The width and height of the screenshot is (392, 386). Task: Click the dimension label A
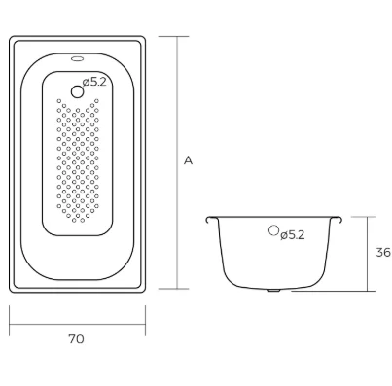point(188,160)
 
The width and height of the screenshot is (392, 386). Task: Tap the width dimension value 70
point(76,339)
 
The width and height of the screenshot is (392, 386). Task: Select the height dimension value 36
point(383,252)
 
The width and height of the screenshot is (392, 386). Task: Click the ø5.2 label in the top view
point(94,82)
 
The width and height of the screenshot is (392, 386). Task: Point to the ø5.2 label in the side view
point(293,235)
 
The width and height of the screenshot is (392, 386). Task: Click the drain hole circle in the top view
point(77,91)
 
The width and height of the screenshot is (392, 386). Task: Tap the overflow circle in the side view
point(274,230)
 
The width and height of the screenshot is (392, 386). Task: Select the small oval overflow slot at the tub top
point(77,59)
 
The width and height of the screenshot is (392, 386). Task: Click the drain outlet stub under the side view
point(274,291)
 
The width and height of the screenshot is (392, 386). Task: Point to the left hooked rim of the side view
point(211,219)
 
